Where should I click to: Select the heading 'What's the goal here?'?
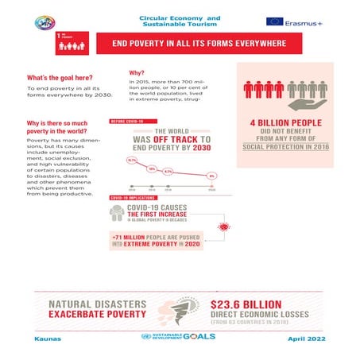pos(59,77)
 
